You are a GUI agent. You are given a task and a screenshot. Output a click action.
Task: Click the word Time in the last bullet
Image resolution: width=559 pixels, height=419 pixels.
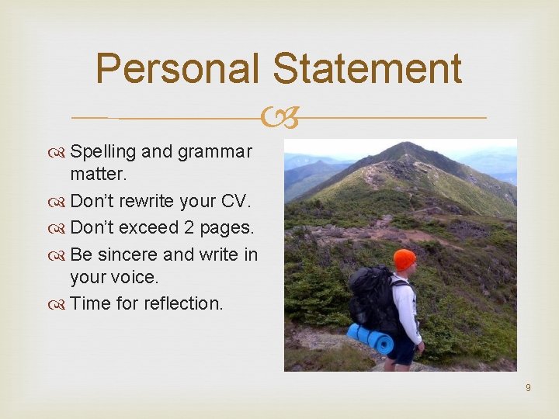click(x=90, y=303)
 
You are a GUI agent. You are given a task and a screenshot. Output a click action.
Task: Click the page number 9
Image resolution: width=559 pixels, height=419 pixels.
click(x=528, y=387)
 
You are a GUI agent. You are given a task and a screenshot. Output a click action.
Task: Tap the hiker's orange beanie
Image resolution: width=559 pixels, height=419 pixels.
click(x=404, y=259)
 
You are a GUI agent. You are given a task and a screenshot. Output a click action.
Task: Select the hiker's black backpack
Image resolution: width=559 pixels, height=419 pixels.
click(x=370, y=300)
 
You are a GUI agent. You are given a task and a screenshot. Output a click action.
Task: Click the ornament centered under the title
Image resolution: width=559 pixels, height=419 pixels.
click(x=279, y=118)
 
